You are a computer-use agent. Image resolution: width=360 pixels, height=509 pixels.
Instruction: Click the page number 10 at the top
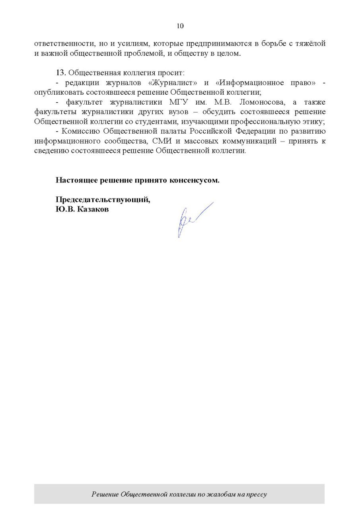point(180,26)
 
